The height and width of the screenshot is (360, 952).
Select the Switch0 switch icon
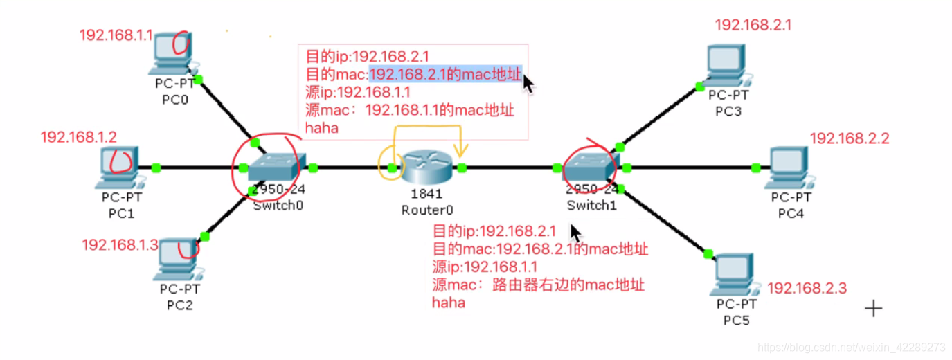click(276, 166)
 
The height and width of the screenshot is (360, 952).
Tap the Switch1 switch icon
click(590, 166)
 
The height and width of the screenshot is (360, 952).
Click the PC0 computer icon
click(172, 54)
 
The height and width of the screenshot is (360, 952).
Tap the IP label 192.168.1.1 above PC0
click(116, 35)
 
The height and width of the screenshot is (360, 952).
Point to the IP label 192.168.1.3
click(120, 244)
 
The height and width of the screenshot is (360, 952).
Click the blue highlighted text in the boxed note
click(445, 75)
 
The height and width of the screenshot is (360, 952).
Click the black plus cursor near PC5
click(874, 308)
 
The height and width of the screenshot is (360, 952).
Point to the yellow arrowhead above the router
click(460, 150)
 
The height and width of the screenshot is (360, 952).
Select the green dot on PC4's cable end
click(755, 167)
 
